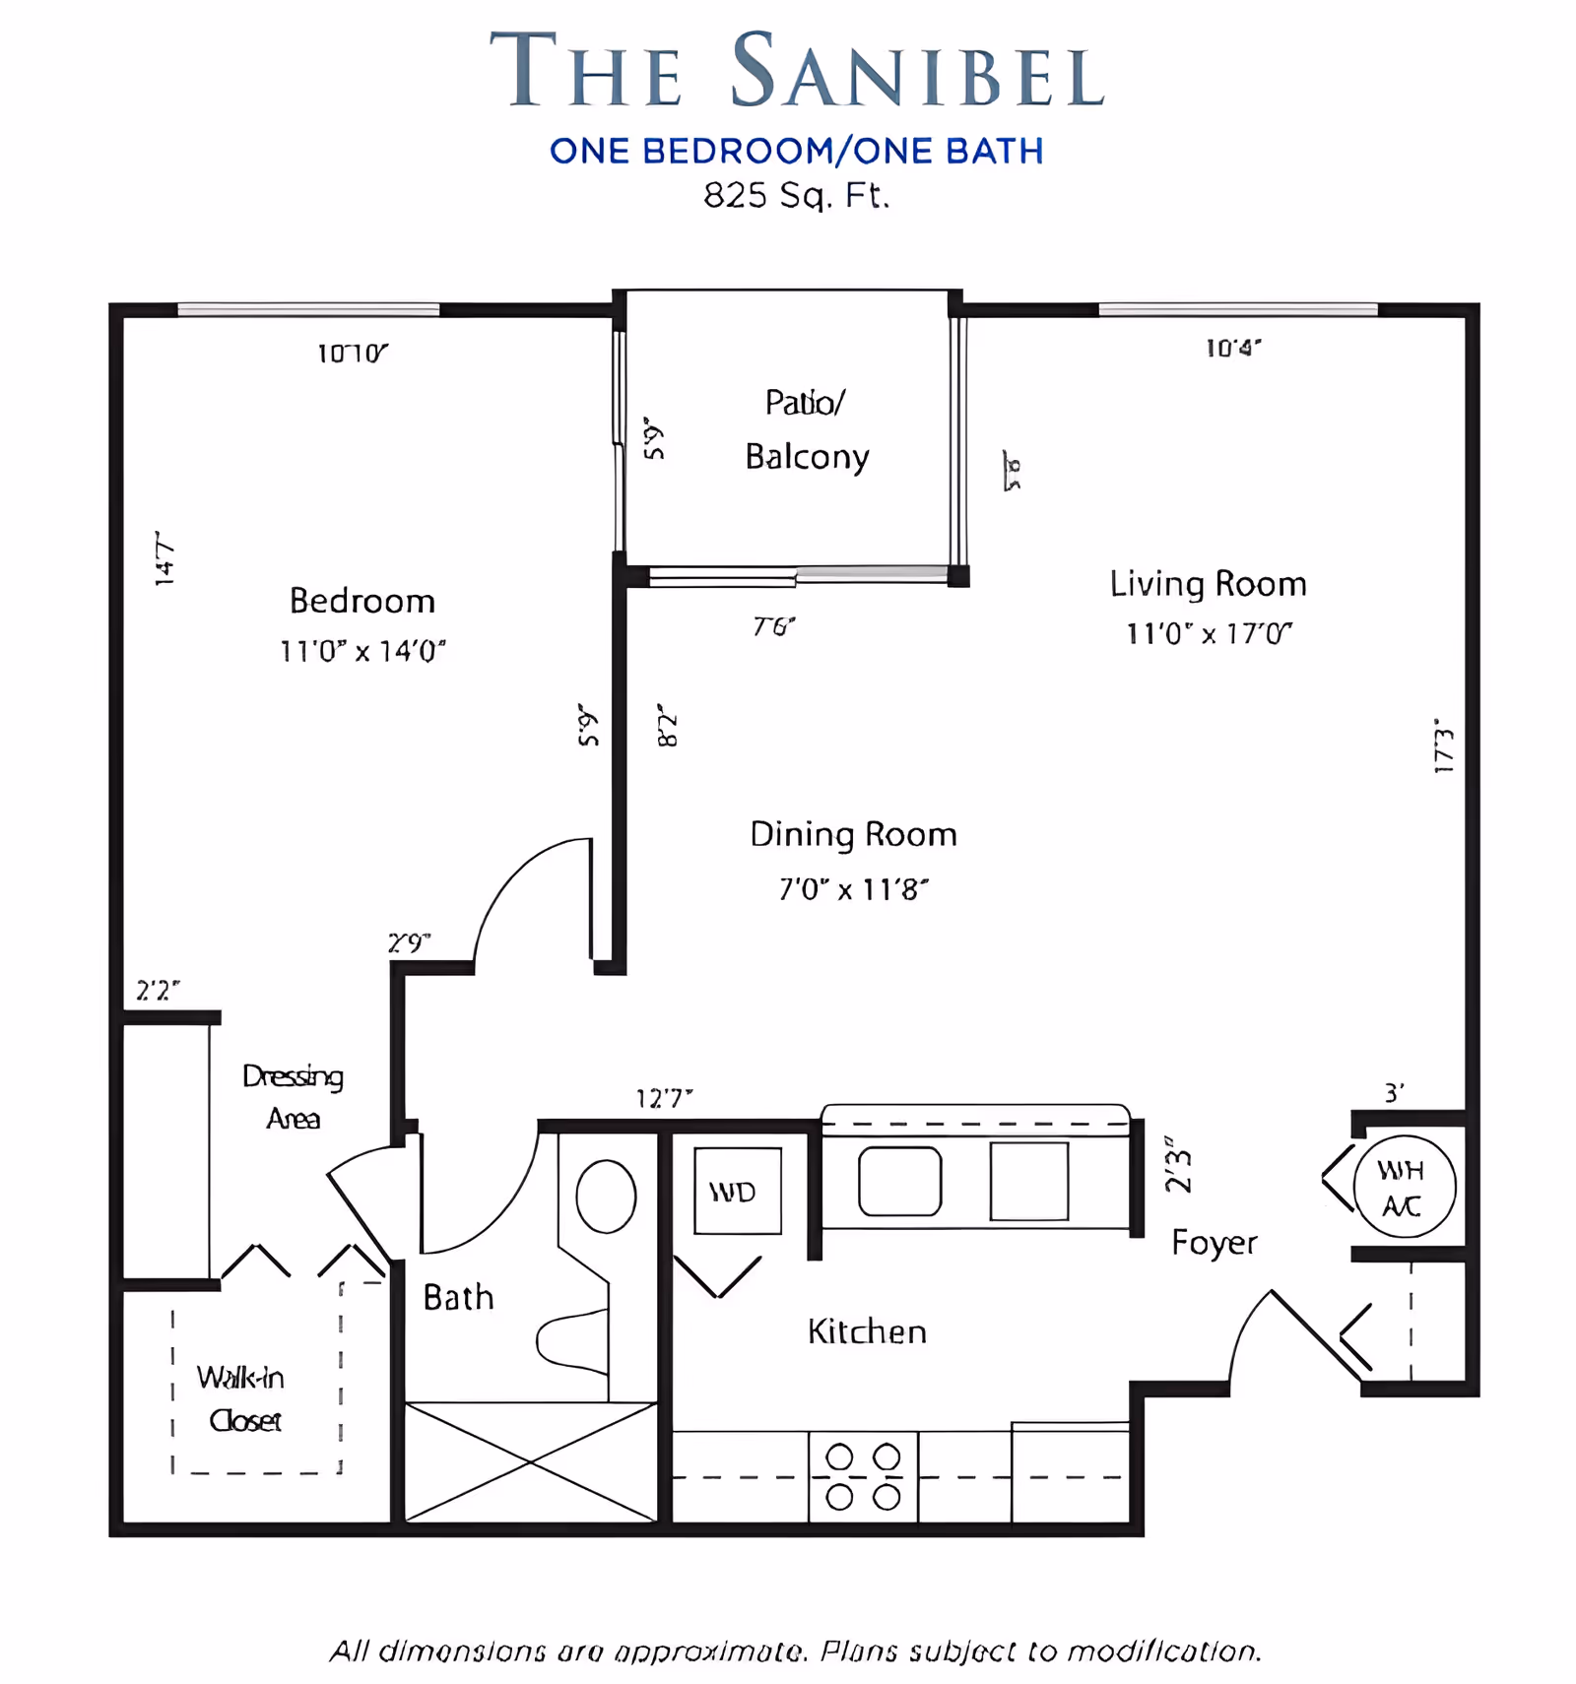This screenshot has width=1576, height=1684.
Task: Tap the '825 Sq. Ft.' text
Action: pyautogui.click(x=796, y=195)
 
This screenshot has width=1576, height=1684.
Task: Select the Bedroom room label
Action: pyautogui.click(x=361, y=601)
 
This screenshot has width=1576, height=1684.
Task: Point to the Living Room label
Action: pyautogui.click(x=1208, y=584)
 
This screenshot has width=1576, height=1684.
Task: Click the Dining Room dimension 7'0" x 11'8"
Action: pyautogui.click(x=853, y=889)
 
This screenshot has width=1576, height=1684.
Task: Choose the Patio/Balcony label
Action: pyautogui.click(x=806, y=429)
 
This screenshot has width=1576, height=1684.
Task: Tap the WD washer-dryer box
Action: pyautogui.click(x=737, y=1191)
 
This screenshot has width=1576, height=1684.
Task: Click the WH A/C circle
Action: pyautogui.click(x=1403, y=1187)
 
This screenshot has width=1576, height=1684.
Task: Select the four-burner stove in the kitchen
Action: pyautogui.click(x=863, y=1476)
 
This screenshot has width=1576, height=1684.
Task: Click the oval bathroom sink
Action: pyautogui.click(x=605, y=1196)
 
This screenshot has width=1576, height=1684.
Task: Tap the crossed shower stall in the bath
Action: pyautogui.click(x=530, y=1461)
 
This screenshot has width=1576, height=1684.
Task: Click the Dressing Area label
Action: pyautogui.click(x=293, y=1097)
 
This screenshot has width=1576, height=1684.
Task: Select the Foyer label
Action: pyautogui.click(x=1214, y=1243)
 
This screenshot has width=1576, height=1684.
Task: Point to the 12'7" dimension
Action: pyautogui.click(x=664, y=1098)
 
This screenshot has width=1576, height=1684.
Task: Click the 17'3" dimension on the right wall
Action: pyautogui.click(x=1444, y=745)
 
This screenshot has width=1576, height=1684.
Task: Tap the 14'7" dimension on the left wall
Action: pyautogui.click(x=164, y=558)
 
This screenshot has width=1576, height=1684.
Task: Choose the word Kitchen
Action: pyautogui.click(x=867, y=1331)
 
